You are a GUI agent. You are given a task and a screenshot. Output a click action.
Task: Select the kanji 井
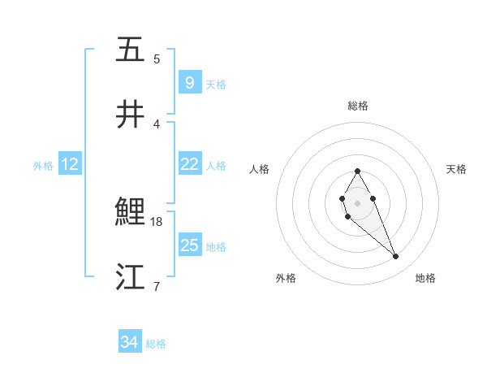pyautogui.click(x=131, y=115)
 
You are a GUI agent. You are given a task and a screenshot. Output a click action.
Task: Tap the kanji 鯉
pyautogui.click(x=131, y=213)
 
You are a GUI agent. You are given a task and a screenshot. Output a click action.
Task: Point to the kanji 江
pyautogui.click(x=131, y=277)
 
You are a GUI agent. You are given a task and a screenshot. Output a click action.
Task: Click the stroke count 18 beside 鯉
pyautogui.click(x=157, y=221)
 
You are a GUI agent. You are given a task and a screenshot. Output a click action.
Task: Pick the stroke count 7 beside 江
pyautogui.click(x=157, y=286)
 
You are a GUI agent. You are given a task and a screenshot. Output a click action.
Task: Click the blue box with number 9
pyautogui.click(x=189, y=82)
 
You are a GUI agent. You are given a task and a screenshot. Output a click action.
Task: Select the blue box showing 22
pyautogui.click(x=189, y=163)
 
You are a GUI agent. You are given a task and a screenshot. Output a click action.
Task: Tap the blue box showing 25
pyautogui.click(x=189, y=245)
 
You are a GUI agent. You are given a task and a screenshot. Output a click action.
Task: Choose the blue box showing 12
pyautogui.click(x=70, y=164)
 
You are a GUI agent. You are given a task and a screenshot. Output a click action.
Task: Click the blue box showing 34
pyautogui.click(x=129, y=342)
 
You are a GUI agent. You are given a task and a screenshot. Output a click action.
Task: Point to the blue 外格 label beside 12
pyautogui.click(x=43, y=165)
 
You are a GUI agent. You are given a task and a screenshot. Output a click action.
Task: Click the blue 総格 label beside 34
pyautogui.click(x=156, y=344)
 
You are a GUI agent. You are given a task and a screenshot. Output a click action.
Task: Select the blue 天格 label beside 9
pyautogui.click(x=216, y=84)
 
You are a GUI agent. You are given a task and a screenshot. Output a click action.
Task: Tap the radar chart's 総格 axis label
pyautogui.click(x=357, y=106)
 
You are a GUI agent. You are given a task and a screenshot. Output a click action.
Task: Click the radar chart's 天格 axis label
pyautogui.click(x=456, y=169)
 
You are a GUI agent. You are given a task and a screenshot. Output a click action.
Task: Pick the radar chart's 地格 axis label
pyautogui.click(x=425, y=278)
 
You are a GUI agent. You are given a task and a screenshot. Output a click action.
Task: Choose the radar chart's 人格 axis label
pyautogui.click(x=259, y=169)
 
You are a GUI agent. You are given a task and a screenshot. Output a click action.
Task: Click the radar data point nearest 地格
pyautogui.click(x=396, y=257)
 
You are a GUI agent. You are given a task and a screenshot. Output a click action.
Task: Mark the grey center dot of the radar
pyautogui.click(x=357, y=202)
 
